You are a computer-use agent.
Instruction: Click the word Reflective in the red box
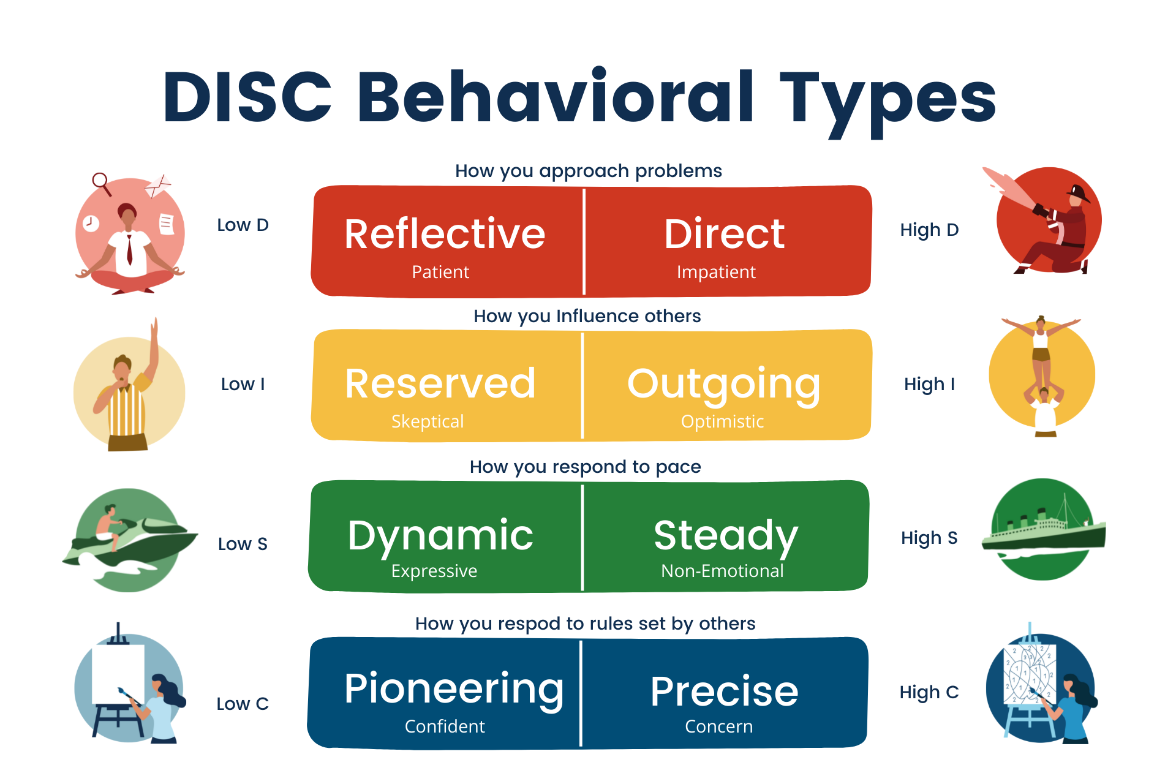click(445, 234)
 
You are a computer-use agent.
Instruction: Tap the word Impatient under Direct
click(716, 272)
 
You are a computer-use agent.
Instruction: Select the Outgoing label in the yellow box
click(723, 385)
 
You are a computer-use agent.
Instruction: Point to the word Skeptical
click(428, 421)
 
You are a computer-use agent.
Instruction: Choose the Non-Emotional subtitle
click(722, 571)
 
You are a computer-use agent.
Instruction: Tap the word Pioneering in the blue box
click(454, 690)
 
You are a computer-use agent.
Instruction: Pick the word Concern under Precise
click(718, 726)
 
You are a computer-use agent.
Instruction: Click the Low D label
click(243, 225)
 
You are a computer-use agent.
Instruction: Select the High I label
click(929, 385)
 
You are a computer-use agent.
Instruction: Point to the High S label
click(929, 538)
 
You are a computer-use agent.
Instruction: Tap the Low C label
click(243, 704)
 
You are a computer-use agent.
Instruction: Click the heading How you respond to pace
click(585, 467)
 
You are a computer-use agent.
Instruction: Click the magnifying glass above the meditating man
click(100, 181)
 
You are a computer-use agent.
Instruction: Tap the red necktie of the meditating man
click(129, 248)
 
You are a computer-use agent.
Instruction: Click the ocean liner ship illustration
click(1043, 530)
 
